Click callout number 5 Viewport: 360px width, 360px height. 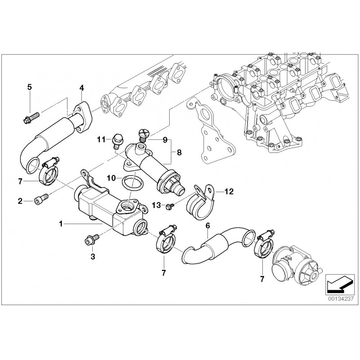30,86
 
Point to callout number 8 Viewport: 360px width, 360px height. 179,153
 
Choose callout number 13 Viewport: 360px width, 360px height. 157,206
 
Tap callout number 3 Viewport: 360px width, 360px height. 93,256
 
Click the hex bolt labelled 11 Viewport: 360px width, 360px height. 117,139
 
